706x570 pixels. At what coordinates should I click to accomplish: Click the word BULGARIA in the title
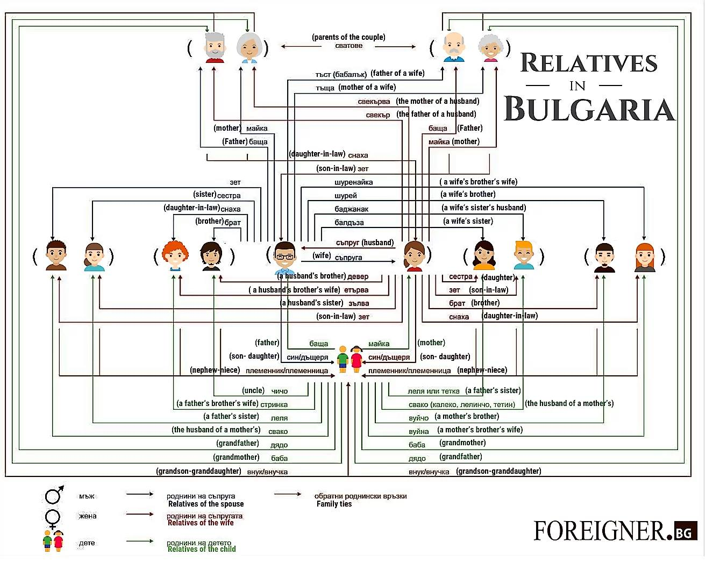[x=589, y=109]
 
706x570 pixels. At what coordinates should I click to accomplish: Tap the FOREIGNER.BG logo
[x=615, y=531]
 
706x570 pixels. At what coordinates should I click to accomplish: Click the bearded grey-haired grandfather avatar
[x=215, y=47]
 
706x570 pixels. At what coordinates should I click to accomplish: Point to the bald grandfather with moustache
[x=454, y=47]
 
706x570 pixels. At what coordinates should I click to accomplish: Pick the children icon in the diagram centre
[x=350, y=359]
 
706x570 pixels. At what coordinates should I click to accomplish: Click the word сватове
[x=348, y=46]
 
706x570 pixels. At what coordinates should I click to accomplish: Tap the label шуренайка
[x=353, y=182]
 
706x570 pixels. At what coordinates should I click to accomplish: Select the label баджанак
[x=351, y=209]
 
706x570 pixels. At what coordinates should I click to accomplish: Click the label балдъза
[x=349, y=223]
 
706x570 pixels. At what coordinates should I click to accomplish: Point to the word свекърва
[x=374, y=102]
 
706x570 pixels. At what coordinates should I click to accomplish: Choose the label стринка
[x=274, y=404]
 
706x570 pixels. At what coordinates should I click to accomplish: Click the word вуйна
[x=418, y=431]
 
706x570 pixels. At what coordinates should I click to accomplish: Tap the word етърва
[x=356, y=290]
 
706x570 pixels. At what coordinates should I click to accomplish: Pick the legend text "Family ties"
[x=334, y=504]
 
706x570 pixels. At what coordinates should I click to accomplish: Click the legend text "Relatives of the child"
[x=202, y=549]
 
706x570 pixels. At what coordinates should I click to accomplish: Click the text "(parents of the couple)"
[x=348, y=37]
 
